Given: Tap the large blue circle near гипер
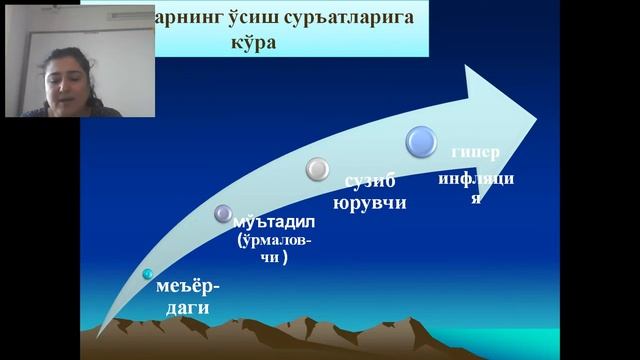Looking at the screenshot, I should coord(421,140).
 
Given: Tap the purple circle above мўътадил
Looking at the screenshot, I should coord(224,212).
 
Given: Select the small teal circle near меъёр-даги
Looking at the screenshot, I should coord(148,274).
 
